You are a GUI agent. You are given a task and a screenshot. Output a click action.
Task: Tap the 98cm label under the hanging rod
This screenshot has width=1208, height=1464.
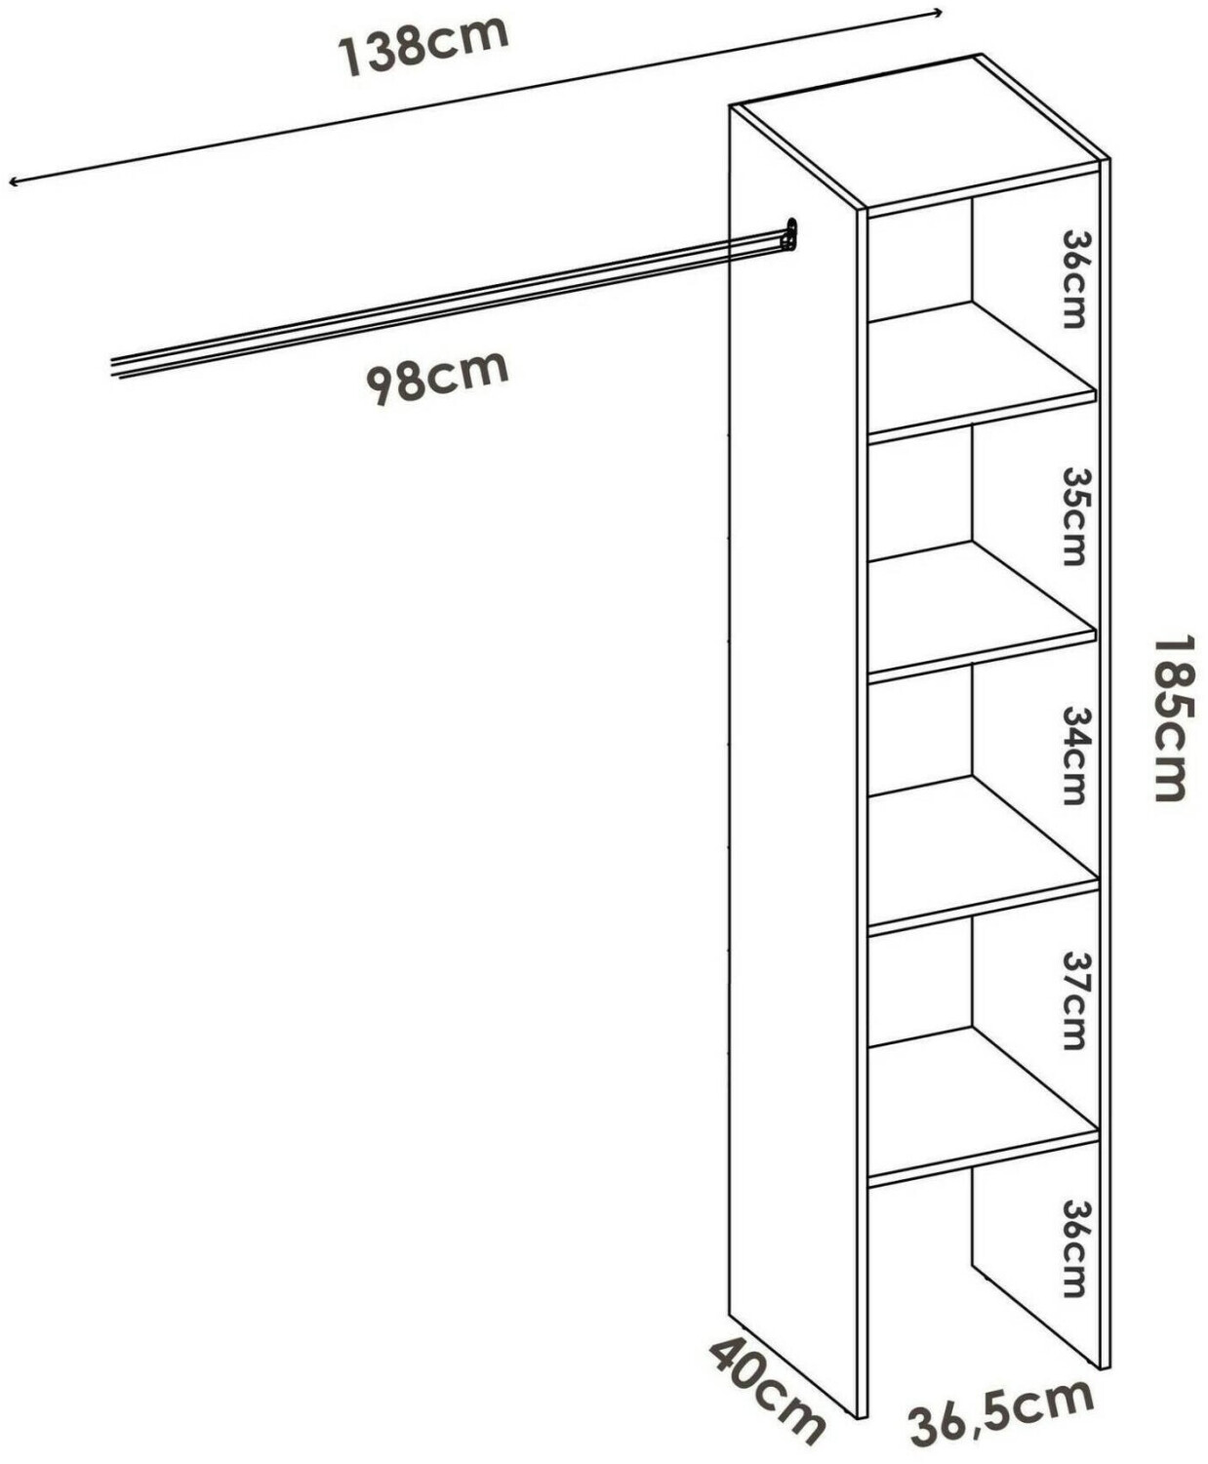tap(437, 376)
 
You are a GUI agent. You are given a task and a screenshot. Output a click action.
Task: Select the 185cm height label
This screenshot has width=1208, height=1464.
tap(1172, 718)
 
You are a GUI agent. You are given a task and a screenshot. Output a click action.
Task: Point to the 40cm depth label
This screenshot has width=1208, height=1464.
tap(767, 1389)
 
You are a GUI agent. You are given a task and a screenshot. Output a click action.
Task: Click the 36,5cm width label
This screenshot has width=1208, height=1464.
tap(1001, 1411)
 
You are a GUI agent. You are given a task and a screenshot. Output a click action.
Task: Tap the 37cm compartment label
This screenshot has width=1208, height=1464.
tap(1073, 999)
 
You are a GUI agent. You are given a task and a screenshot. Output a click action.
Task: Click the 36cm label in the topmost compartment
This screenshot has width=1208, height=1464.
tap(1073, 278)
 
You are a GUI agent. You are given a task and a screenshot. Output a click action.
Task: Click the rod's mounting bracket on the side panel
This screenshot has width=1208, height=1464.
tap(789, 235)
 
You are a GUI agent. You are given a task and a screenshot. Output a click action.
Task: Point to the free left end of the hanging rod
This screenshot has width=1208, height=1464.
tap(115, 369)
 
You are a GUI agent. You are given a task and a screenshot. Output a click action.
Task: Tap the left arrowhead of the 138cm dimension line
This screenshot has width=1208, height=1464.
tap(12, 182)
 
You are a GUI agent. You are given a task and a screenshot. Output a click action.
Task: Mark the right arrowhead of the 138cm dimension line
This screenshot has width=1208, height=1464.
tap(939, 13)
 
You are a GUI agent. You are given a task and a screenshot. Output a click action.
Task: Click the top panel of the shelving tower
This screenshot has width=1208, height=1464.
tap(917, 132)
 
